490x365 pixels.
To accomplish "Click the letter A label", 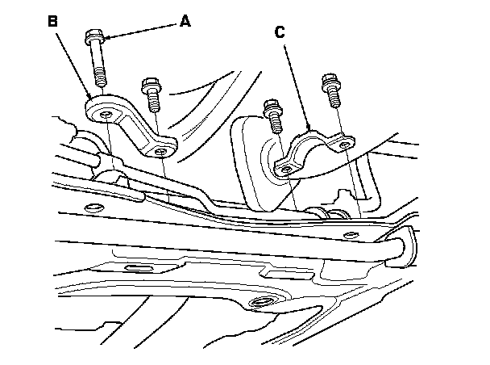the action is [x=185, y=22].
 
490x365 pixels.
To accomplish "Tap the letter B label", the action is [x=53, y=22].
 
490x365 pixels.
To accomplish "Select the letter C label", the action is [x=280, y=33].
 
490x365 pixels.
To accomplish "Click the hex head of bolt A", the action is [x=92, y=37].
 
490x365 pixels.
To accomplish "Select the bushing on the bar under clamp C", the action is [x=326, y=212].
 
